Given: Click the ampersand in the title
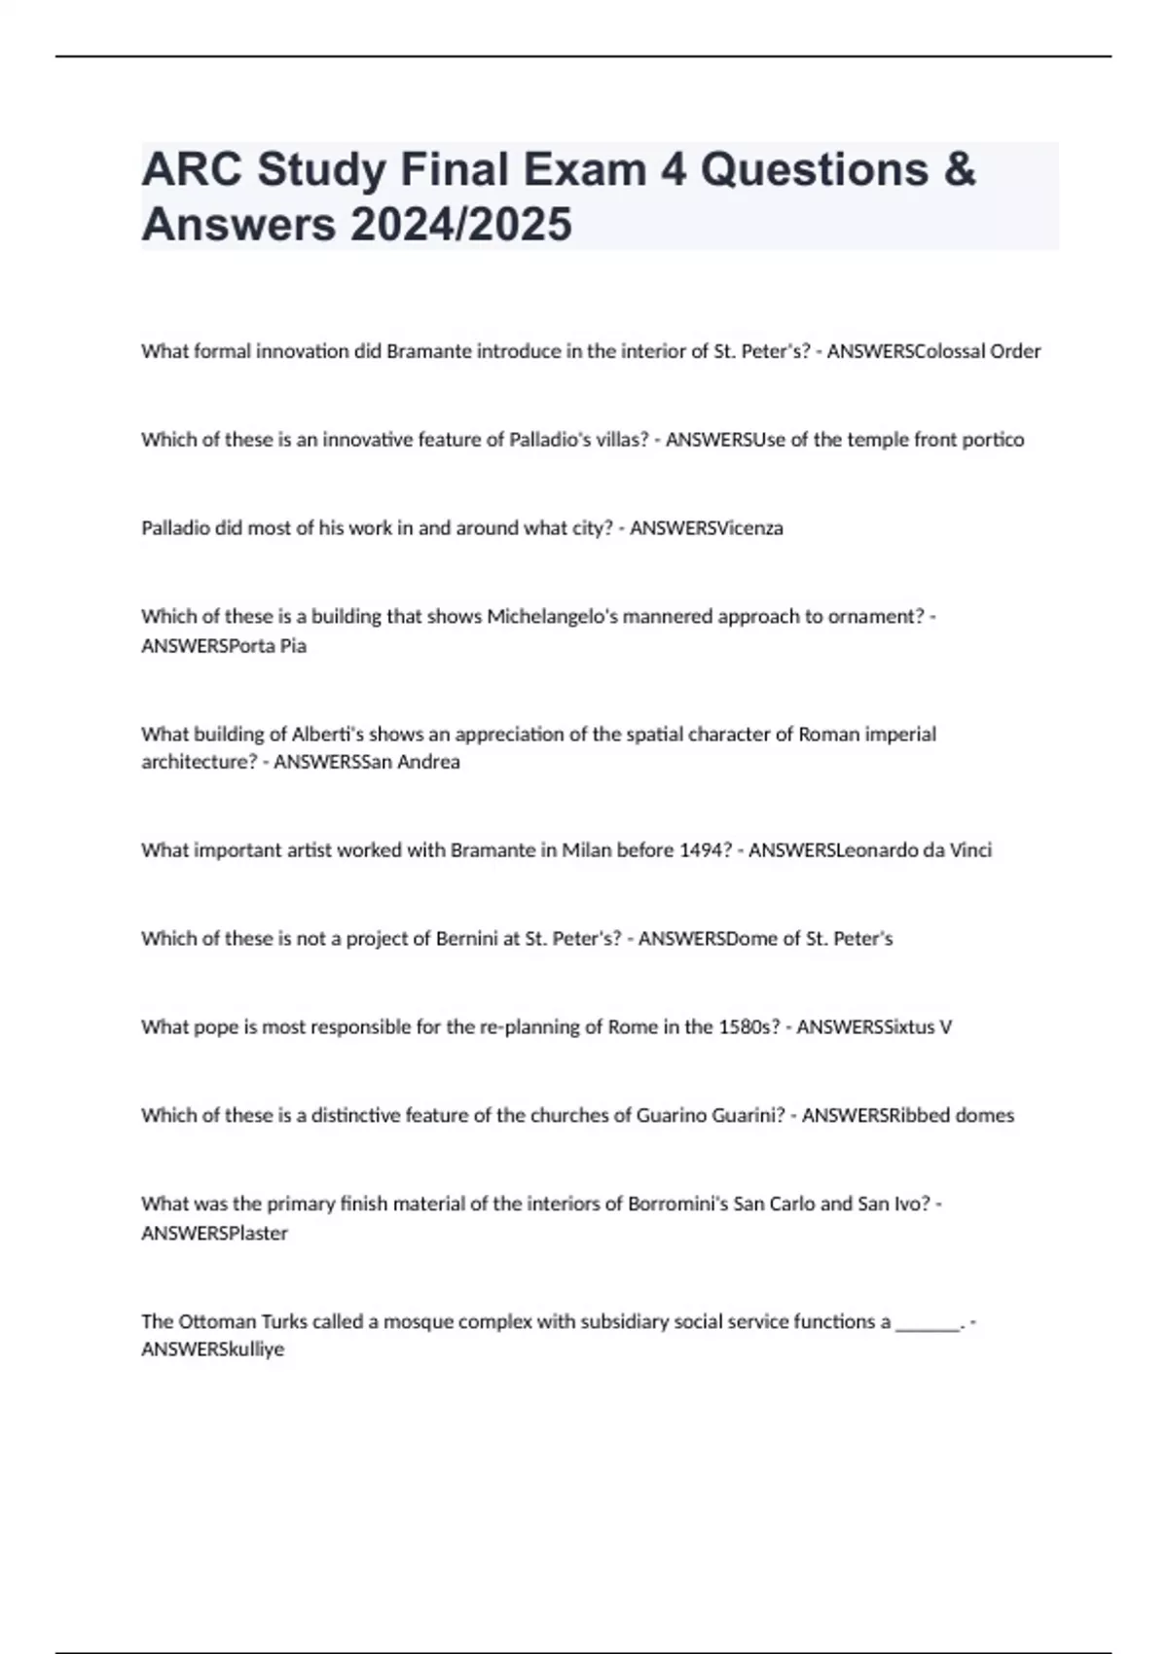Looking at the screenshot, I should (959, 169).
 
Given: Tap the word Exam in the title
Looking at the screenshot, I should (586, 169).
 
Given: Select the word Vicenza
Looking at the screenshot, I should (749, 528).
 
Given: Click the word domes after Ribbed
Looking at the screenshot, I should (984, 1116).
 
